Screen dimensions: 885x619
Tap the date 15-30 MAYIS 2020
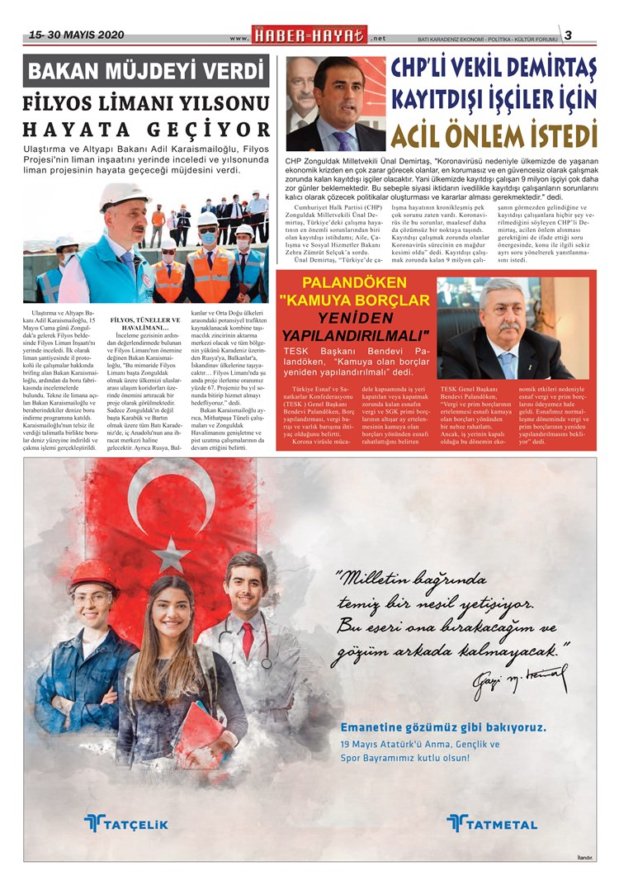click(76, 35)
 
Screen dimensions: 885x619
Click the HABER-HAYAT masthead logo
click(310, 36)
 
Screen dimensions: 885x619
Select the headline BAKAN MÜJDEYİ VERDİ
click(146, 72)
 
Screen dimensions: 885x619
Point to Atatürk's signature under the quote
click(519, 679)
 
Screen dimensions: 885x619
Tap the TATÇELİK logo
click(125, 821)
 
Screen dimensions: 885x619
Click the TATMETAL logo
click(492, 822)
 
